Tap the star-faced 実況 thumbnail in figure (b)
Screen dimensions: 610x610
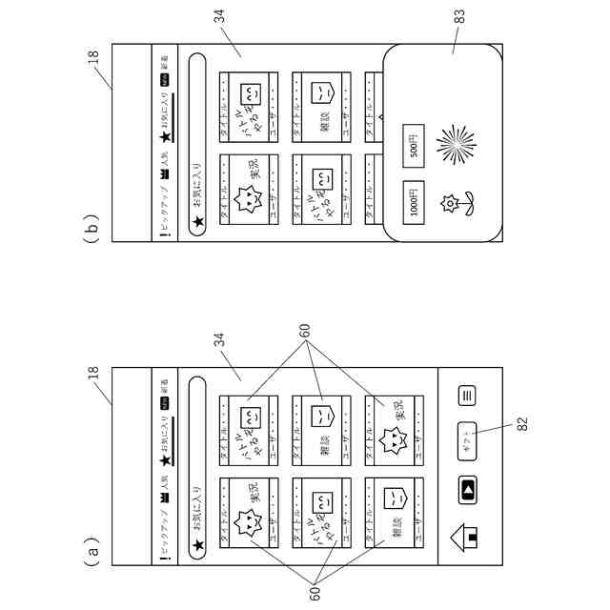coord(248,192)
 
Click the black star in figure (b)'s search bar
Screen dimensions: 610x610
coord(197,223)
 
